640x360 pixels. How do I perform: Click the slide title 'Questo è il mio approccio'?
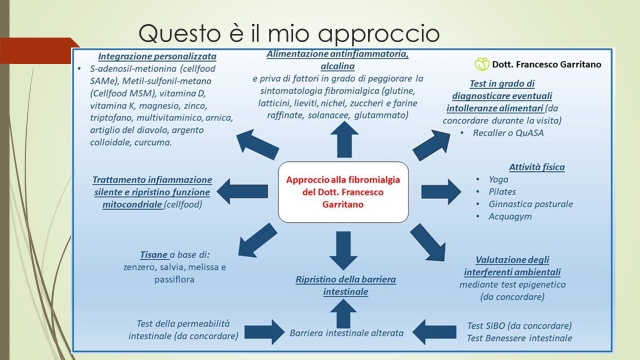tap(289, 33)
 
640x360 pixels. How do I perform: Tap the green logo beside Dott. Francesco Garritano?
tap(482, 64)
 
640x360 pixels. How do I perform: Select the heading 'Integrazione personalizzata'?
tap(157, 56)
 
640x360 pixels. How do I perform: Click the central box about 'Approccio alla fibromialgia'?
tap(343, 192)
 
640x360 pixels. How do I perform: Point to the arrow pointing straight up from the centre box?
tap(344, 140)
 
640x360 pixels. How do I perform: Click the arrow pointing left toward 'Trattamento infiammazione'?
tap(242, 191)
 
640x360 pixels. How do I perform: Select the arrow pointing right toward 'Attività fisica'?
tap(441, 191)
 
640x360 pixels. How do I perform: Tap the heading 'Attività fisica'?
tap(537, 167)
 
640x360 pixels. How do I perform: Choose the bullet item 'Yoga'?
tap(498, 180)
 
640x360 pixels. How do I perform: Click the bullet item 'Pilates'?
tap(502, 192)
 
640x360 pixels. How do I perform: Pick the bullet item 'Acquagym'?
tap(510, 216)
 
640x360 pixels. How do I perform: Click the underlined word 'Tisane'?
tap(154, 255)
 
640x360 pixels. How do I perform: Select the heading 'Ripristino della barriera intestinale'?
tap(346, 285)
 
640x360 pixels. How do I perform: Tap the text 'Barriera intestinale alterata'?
tap(347, 333)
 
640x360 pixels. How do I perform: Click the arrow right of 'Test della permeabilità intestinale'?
tap(264, 332)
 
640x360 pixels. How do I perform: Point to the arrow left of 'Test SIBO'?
tap(434, 332)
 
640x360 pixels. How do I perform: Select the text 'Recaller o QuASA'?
tap(508, 133)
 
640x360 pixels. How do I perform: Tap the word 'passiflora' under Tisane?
tap(174, 280)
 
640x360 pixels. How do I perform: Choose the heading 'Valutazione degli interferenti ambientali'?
tap(512, 266)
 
